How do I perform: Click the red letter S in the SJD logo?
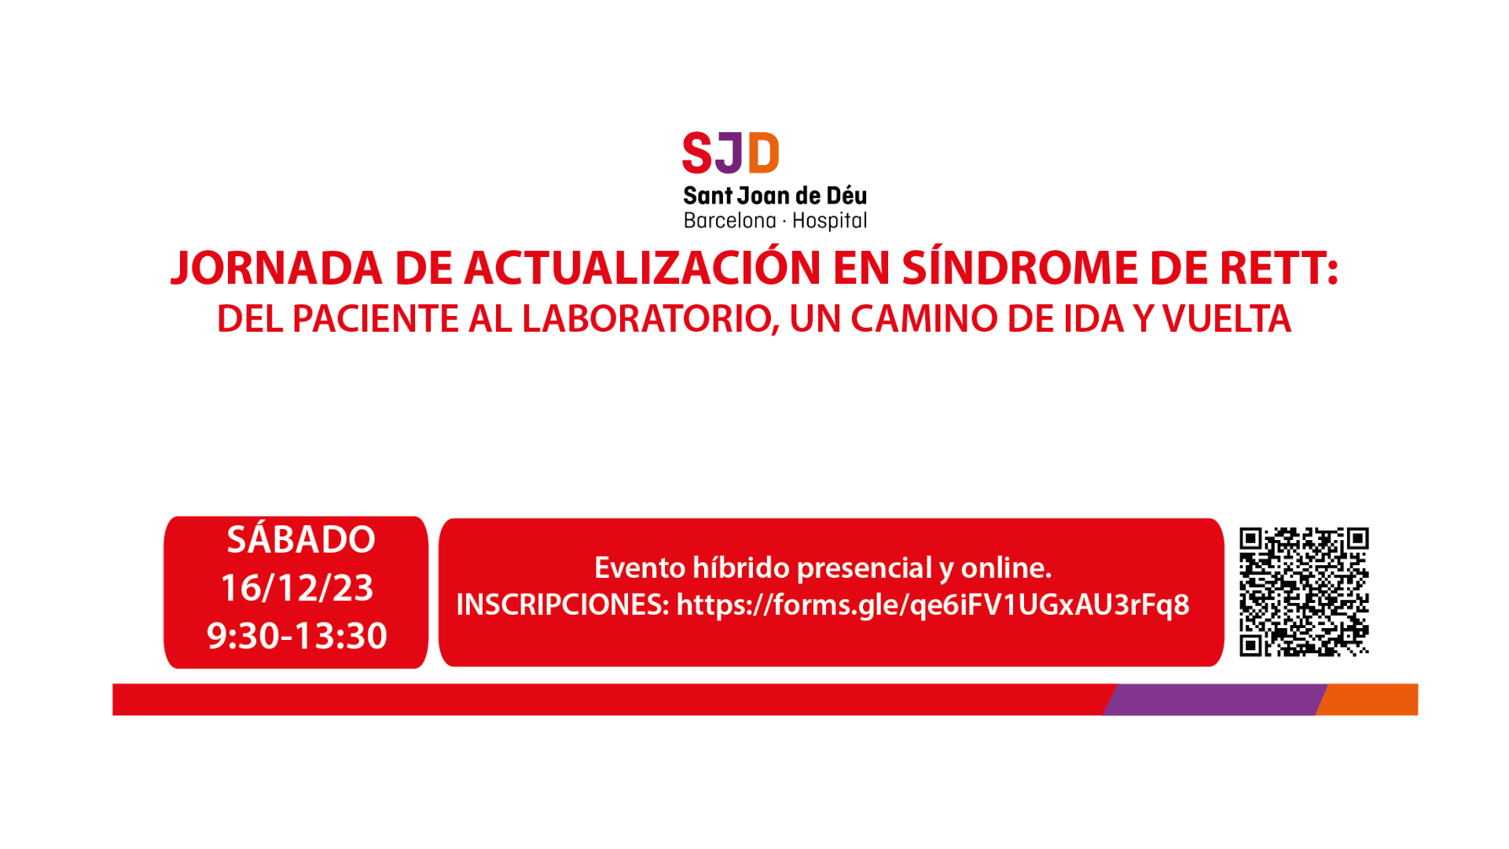click(x=697, y=153)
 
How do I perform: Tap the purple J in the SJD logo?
click(x=729, y=153)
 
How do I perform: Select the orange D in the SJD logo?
click(x=763, y=153)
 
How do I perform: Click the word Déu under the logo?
click(x=846, y=195)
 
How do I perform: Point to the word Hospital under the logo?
click(x=829, y=221)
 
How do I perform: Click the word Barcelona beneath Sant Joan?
click(x=729, y=221)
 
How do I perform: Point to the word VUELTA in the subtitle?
click(x=1227, y=319)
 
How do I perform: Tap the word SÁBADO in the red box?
click(x=301, y=539)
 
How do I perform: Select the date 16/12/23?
click(x=297, y=588)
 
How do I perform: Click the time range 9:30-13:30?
click(x=297, y=636)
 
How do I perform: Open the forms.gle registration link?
click(x=933, y=605)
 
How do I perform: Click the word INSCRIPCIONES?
click(x=563, y=605)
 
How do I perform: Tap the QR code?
click(x=1305, y=591)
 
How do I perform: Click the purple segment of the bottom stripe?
click(x=1215, y=700)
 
